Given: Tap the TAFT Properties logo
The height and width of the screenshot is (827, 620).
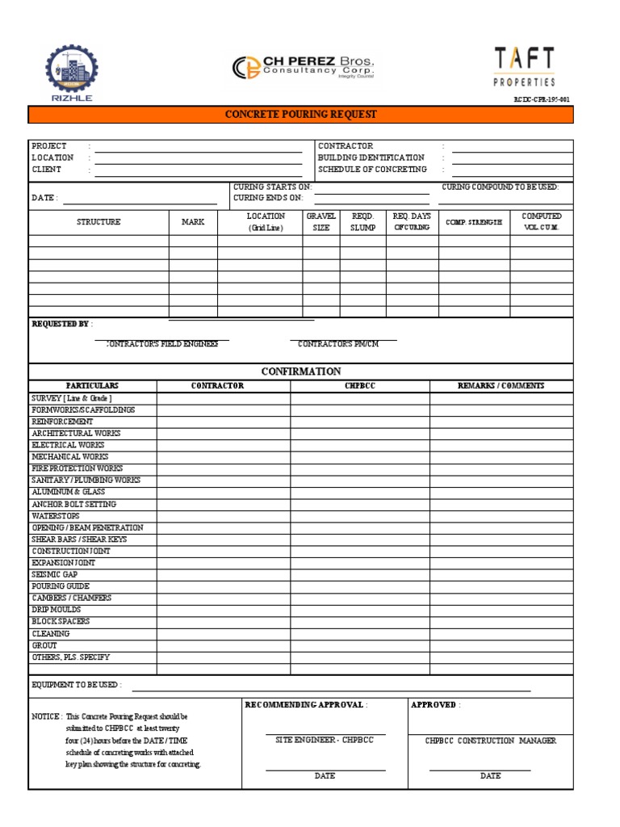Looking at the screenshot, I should click(x=524, y=67).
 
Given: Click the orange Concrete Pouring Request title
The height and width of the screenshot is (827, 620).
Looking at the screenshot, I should click(x=300, y=115).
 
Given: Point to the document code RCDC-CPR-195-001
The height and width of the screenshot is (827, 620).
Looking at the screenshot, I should click(x=542, y=100).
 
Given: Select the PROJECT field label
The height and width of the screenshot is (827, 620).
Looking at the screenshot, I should click(x=49, y=146).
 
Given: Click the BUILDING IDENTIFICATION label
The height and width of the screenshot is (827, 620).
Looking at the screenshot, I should click(x=371, y=158).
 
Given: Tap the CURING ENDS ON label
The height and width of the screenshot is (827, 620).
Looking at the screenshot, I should click(x=261, y=198).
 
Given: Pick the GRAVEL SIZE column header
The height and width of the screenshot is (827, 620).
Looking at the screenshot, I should click(x=321, y=222).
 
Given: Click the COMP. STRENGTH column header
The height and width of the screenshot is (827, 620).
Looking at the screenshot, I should click(x=474, y=222).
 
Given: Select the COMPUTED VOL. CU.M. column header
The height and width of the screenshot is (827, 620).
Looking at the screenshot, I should click(x=541, y=222).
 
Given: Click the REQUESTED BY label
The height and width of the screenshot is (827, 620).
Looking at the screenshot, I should click(x=61, y=324).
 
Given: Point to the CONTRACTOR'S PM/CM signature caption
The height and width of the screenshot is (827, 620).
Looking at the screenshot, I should click(x=337, y=344).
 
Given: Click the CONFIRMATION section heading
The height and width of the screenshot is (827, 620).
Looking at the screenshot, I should click(x=300, y=372).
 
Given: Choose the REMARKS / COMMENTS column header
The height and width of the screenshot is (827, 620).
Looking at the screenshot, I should click(x=501, y=386).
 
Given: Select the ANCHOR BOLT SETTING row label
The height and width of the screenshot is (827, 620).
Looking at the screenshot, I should click(x=73, y=504).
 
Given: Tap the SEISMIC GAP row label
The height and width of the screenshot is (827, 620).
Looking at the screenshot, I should click(x=55, y=574).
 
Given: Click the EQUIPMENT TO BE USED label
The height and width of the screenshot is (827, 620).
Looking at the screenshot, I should click(x=76, y=685).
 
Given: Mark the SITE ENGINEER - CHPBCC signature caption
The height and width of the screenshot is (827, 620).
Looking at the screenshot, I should click(x=325, y=741).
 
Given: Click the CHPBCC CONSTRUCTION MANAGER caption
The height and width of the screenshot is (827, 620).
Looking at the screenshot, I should click(x=491, y=741).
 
